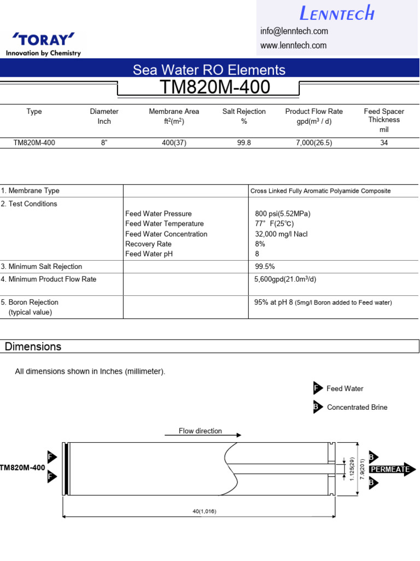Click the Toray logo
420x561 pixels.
pyautogui.click(x=43, y=44)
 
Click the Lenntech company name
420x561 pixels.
pyautogui.click(x=337, y=13)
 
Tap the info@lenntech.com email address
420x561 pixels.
pyautogui.click(x=294, y=31)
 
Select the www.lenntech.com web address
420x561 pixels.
pyautogui.click(x=293, y=45)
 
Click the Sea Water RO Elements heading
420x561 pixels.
pyautogui.click(x=209, y=70)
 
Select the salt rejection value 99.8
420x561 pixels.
pyautogui.click(x=244, y=143)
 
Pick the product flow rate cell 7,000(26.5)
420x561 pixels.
pyautogui.click(x=314, y=143)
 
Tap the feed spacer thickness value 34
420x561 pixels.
pyautogui.click(x=384, y=143)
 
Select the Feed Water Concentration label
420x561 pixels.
pyautogui.click(x=166, y=234)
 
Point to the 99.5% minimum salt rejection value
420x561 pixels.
pyautogui.click(x=265, y=267)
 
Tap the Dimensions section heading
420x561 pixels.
pyautogui.click(x=33, y=347)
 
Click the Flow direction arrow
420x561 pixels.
pyautogui.click(x=203, y=436)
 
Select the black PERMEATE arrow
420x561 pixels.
pyautogui.click(x=392, y=470)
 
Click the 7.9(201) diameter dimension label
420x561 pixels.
pyautogui.click(x=361, y=469)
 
